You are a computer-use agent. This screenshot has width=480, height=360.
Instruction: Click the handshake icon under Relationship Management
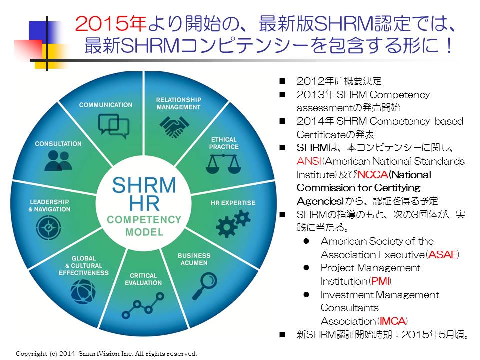coord(174,126)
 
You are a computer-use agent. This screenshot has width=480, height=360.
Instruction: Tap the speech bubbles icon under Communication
coord(114,126)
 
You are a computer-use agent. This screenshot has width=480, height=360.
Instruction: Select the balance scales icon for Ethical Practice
coord(224,164)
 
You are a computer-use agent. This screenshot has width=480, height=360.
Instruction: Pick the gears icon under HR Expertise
coord(233,224)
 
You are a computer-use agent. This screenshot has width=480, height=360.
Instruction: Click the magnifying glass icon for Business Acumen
coord(205,286)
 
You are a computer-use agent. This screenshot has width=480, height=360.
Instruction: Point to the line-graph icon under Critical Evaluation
coord(143,306)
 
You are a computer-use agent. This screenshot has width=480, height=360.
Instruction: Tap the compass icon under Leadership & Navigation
coord(48,228)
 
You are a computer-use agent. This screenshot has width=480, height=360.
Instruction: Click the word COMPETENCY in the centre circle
coord(144,220)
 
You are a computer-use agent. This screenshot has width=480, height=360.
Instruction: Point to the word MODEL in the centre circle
coord(144,232)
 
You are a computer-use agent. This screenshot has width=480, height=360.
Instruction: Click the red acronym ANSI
coord(309,161)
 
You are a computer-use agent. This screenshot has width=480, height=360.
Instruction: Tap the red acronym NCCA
coord(373,175)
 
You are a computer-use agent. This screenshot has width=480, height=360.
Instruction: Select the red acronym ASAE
coord(443,254)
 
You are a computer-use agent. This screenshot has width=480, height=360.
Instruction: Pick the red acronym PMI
coord(380,281)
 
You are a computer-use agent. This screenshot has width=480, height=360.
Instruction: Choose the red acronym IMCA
coord(393,321)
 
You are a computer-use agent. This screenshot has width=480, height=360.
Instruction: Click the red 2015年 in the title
coord(111,24)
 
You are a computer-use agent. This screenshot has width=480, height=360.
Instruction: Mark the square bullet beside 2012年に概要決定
coord(282,81)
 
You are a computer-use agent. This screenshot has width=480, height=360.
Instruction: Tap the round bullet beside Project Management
coord(306,268)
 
